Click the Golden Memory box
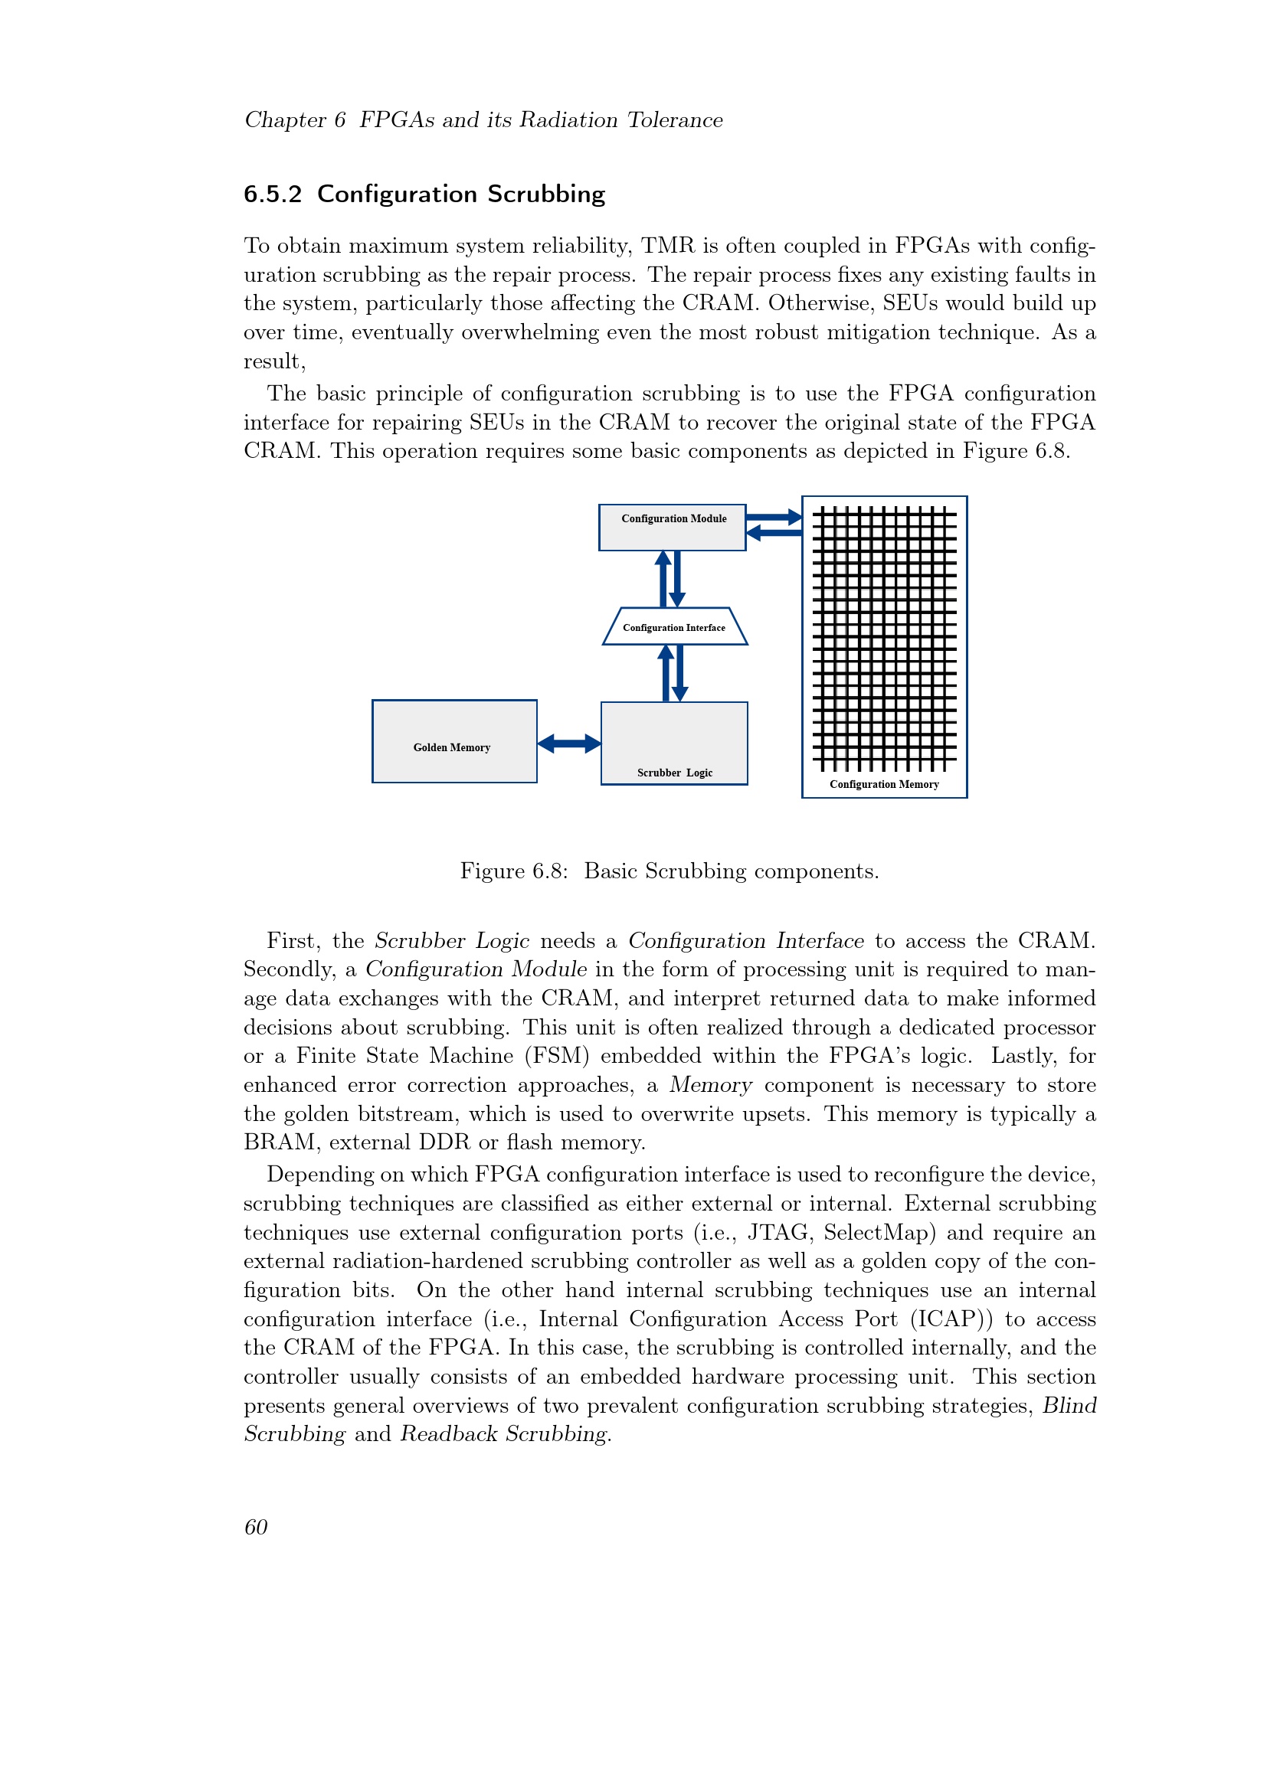click(454, 741)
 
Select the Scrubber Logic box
click(674, 743)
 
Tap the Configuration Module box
click(672, 528)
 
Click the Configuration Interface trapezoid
click(675, 626)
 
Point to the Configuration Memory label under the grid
click(884, 784)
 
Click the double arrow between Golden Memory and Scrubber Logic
click(568, 744)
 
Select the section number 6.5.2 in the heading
click(272, 194)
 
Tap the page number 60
click(256, 1527)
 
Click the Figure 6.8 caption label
click(513, 871)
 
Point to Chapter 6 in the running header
click(295, 120)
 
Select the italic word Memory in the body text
click(710, 1085)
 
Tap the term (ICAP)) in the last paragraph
click(951, 1319)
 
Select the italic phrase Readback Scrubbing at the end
click(504, 1433)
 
